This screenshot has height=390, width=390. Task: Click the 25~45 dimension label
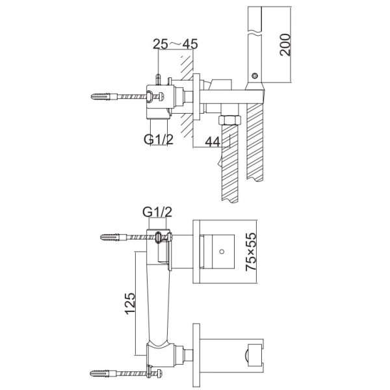coord(175,44)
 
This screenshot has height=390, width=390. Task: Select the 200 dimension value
coord(285,45)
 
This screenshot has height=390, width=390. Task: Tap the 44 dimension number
coord(213,142)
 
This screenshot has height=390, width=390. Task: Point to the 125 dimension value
coord(130,304)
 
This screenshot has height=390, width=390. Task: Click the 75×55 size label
coord(250,252)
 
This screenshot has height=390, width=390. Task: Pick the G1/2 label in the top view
coord(159,139)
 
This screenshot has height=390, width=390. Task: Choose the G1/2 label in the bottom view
coord(157,212)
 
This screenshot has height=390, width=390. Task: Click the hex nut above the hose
coord(230,120)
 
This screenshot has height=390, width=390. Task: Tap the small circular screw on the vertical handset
coord(254,75)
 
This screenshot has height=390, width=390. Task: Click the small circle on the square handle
coord(222,252)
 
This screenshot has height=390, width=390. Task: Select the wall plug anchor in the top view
coord(104,96)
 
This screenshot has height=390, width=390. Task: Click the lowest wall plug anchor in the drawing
coord(103,373)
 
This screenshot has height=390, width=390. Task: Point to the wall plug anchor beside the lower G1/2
coord(113,237)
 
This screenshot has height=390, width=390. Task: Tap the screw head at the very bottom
coord(160,373)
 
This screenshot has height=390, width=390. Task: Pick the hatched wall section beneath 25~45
coord(187,96)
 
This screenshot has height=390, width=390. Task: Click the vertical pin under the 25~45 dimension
coord(158,79)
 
